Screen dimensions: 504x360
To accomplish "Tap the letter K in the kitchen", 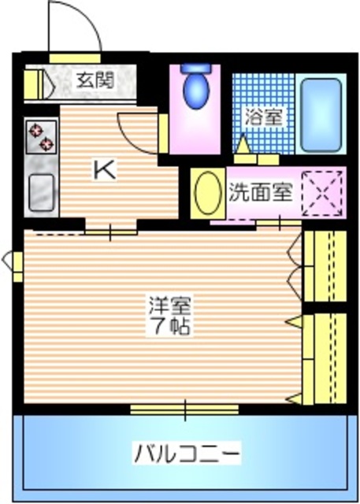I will [104, 169].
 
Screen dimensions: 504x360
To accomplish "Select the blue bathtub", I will [323, 115].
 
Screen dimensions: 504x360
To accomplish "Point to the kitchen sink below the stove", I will [41, 191].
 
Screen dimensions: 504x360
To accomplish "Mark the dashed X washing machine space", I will [324, 192].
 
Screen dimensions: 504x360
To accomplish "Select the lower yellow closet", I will [325, 357].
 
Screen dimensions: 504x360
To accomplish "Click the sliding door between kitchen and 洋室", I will [110, 231].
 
